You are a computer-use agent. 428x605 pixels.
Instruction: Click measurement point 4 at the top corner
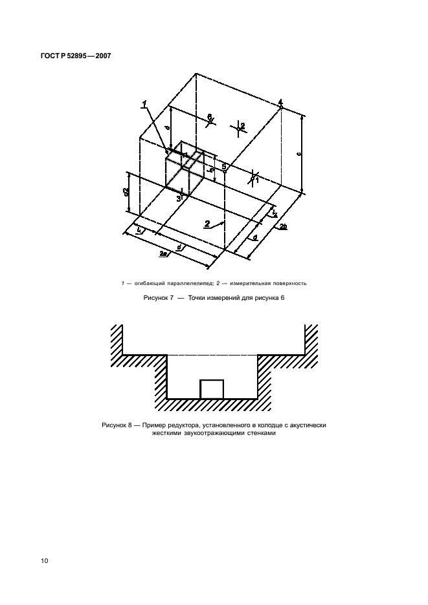click(x=280, y=102)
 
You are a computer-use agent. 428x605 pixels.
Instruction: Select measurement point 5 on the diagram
click(x=224, y=167)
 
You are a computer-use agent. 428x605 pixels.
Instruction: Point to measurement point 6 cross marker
click(x=210, y=118)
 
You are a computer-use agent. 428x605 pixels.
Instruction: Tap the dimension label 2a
click(x=163, y=255)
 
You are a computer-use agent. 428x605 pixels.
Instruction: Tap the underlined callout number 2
click(x=207, y=224)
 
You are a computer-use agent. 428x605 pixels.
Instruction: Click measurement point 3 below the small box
click(x=178, y=199)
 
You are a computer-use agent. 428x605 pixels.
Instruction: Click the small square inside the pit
click(x=212, y=389)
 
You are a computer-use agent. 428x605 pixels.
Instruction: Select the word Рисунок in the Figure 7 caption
click(x=155, y=299)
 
